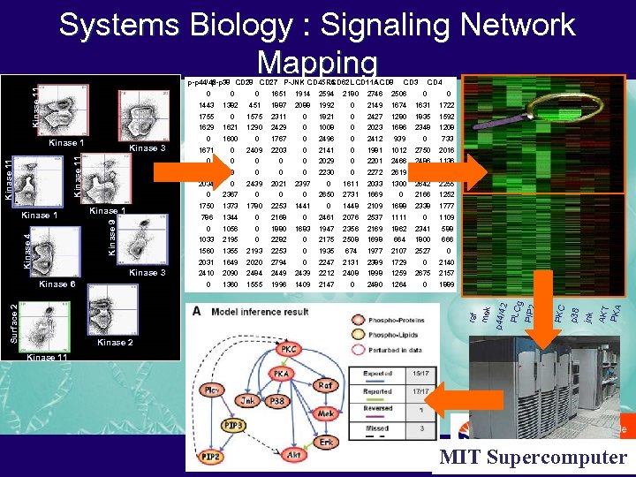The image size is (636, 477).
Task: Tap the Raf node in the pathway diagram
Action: click(326, 384)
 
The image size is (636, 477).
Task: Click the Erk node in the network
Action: click(326, 442)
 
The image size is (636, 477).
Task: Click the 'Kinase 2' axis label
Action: click(115, 343)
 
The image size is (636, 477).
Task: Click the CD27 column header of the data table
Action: click(269, 82)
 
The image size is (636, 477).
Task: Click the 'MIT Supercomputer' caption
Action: click(533, 458)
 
